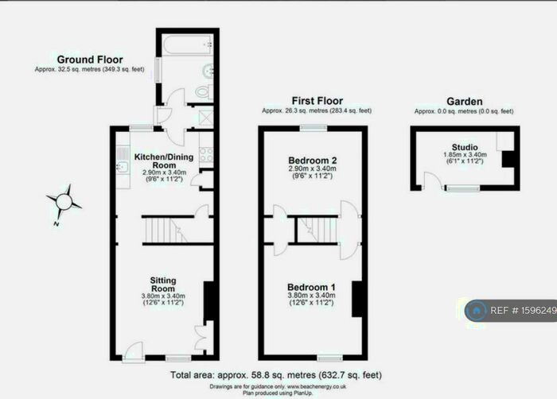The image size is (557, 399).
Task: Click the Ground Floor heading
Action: (90, 60)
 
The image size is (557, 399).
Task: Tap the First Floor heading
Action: (317, 101)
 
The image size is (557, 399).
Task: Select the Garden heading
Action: (463, 102)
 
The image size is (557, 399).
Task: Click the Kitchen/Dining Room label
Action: (164, 161)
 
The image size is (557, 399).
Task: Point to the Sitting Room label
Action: (163, 285)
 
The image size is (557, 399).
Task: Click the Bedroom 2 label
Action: (312, 159)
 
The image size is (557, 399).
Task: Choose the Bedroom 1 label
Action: (312, 286)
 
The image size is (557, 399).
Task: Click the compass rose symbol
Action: (64, 200)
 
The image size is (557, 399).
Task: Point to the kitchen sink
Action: (123, 167)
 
